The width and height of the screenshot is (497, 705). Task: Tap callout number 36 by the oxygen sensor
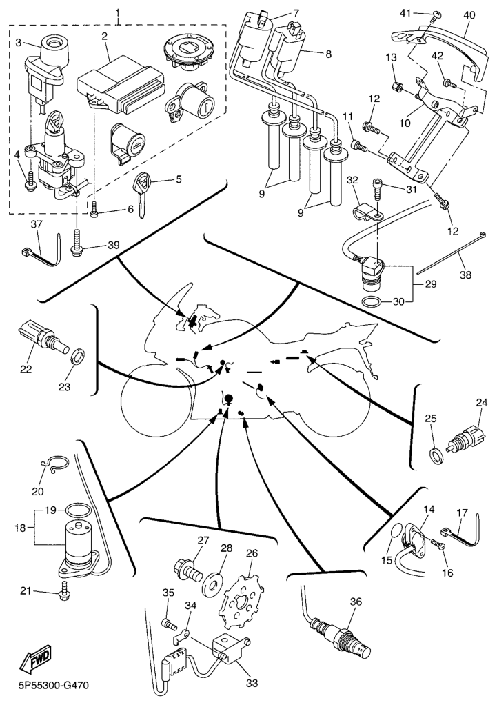point(356,602)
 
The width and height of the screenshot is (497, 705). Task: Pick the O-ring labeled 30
point(372,302)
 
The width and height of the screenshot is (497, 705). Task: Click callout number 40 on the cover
point(469,13)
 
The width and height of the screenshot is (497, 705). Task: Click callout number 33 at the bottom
point(252,684)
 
